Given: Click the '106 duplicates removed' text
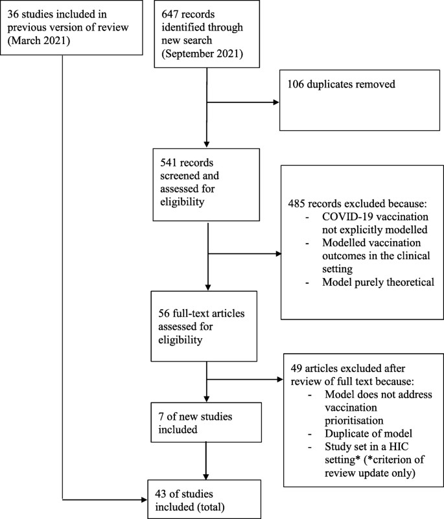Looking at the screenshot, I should (x=341, y=85).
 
